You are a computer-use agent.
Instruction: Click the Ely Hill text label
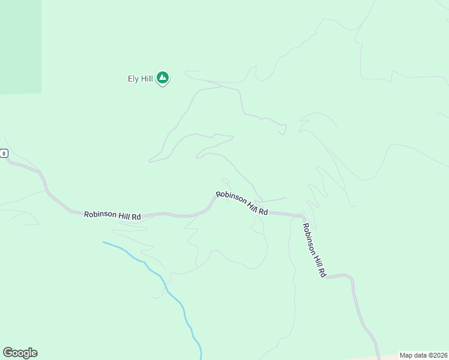click(140, 79)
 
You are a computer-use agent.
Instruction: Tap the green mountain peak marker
click(162, 77)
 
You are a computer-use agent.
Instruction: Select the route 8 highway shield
click(4, 154)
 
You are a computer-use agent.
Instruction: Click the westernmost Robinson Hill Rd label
click(112, 215)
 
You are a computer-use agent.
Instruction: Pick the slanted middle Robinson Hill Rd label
click(241, 203)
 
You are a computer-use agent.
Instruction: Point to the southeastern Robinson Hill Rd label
click(313, 250)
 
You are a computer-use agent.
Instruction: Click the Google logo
click(20, 353)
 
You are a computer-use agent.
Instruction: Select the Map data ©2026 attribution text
click(423, 355)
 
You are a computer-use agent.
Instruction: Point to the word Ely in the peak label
click(133, 79)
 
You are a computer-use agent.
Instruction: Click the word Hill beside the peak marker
click(146, 79)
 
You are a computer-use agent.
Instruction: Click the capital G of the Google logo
click(8, 353)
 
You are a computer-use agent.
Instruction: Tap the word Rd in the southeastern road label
click(322, 272)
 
